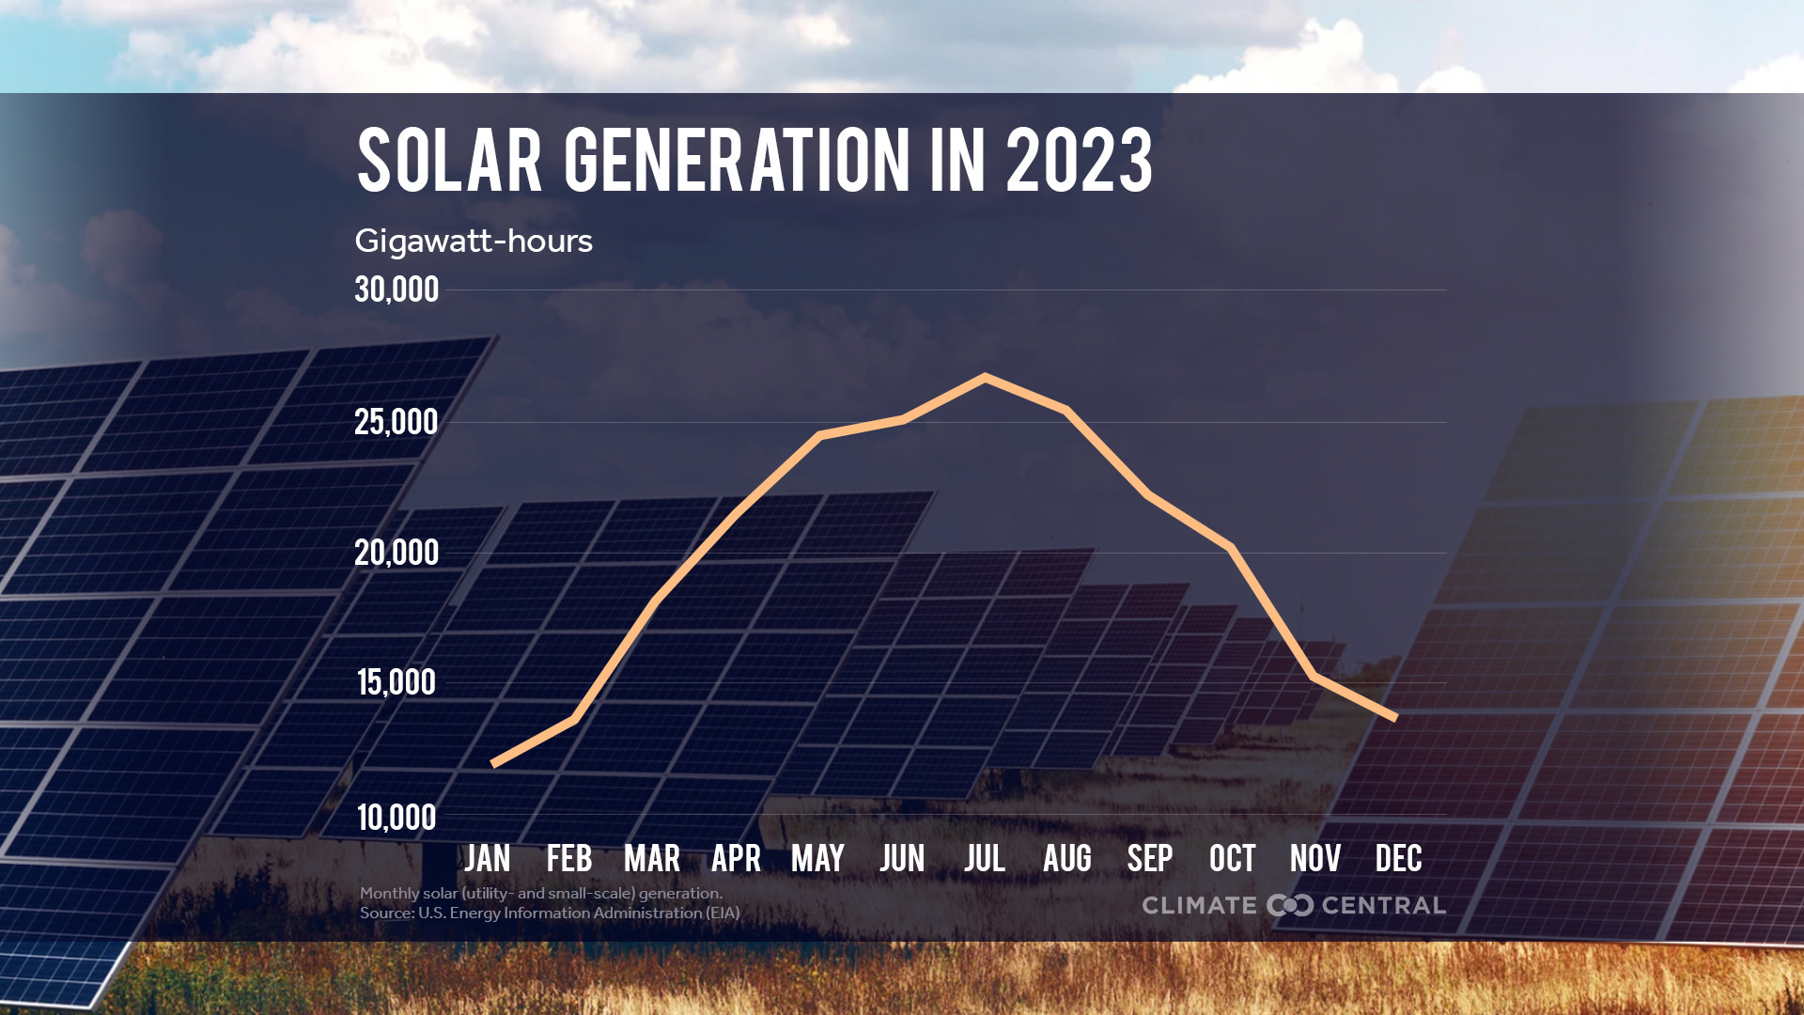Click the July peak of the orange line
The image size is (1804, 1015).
pyautogui.click(x=984, y=378)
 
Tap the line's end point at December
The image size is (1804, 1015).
pyautogui.click(x=1395, y=717)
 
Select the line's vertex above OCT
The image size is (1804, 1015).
pyautogui.click(x=1231, y=547)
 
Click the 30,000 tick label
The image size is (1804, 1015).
pyautogui.click(x=397, y=289)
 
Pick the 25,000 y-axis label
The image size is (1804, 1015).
pyautogui.click(x=397, y=422)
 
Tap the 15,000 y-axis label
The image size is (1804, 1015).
pyautogui.click(x=397, y=682)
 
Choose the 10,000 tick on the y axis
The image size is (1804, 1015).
pyautogui.click(x=397, y=818)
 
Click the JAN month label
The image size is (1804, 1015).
pyautogui.click(x=488, y=858)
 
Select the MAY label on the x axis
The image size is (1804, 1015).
pyautogui.click(x=817, y=858)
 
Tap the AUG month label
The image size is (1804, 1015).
pyautogui.click(x=1067, y=858)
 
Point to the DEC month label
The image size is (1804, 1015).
pyautogui.click(x=1398, y=858)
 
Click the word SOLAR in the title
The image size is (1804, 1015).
pyautogui.click(x=450, y=161)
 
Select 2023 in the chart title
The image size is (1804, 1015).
pyautogui.click(x=1080, y=161)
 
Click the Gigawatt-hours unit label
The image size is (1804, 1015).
pyautogui.click(x=474, y=242)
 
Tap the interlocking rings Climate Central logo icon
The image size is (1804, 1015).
pyautogui.click(x=1289, y=905)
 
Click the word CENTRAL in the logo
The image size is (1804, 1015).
pyautogui.click(x=1383, y=905)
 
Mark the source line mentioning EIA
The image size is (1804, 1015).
pyautogui.click(x=550, y=913)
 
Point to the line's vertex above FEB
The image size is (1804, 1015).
pyautogui.click(x=574, y=719)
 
